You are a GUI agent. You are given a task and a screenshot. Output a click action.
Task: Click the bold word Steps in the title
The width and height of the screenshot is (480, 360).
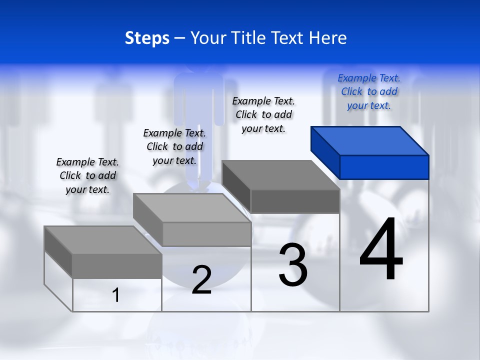click(x=147, y=38)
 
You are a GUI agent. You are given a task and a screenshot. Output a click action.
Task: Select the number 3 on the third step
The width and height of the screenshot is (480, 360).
click(x=293, y=265)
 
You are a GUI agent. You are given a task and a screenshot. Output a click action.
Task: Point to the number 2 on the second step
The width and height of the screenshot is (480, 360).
click(x=201, y=280)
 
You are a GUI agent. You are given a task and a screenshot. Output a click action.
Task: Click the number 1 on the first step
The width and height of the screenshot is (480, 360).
click(x=116, y=295)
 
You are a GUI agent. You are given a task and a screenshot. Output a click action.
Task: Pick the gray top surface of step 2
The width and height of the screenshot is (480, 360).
click(x=192, y=208)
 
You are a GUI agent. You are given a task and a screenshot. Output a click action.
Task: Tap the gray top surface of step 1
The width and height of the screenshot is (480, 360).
click(x=103, y=240)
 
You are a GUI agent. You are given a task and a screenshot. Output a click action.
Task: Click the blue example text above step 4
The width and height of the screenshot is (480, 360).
click(x=369, y=91)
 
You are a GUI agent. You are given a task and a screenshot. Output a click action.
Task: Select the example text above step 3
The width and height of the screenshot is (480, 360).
click(x=264, y=114)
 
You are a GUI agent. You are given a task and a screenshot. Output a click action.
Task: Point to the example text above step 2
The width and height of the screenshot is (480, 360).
click(x=174, y=146)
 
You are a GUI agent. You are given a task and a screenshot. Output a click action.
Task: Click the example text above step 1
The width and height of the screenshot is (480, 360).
click(x=87, y=175)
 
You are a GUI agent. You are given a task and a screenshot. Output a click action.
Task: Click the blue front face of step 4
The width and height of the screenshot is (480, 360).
click(x=384, y=167)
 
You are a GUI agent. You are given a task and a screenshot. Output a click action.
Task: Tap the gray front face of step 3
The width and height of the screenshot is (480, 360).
click(x=295, y=201)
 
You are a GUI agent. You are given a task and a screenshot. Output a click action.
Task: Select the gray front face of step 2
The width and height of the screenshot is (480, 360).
click(x=206, y=234)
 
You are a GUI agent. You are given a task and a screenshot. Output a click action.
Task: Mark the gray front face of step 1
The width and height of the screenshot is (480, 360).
click(x=117, y=266)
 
